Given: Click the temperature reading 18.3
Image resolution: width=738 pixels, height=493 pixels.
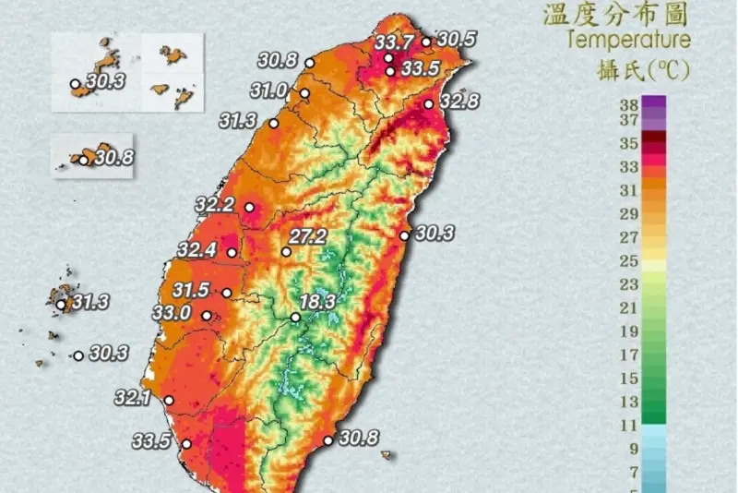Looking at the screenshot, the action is pos(315,301).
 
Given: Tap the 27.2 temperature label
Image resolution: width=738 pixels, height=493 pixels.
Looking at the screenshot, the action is pos(307,236).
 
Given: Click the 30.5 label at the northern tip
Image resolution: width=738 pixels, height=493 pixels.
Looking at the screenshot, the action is pos(456,39).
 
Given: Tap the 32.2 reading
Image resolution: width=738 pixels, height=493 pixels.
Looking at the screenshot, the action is pos(215,205).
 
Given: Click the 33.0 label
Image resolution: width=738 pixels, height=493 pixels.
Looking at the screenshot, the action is pos(172,313).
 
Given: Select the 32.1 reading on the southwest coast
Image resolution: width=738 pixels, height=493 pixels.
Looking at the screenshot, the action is pos(133,398).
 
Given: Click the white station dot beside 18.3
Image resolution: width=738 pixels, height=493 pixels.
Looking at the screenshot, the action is pos(295,318).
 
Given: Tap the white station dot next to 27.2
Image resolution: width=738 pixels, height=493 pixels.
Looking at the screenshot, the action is pos(286,251).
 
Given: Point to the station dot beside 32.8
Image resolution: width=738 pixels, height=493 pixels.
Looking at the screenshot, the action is pos(429,103).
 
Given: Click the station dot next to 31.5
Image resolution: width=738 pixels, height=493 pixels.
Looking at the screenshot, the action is pos(227,294).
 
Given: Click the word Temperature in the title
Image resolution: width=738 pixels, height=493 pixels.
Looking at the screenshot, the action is pos(628,40).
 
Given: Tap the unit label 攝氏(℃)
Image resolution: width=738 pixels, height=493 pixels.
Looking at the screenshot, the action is pos(650,69).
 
